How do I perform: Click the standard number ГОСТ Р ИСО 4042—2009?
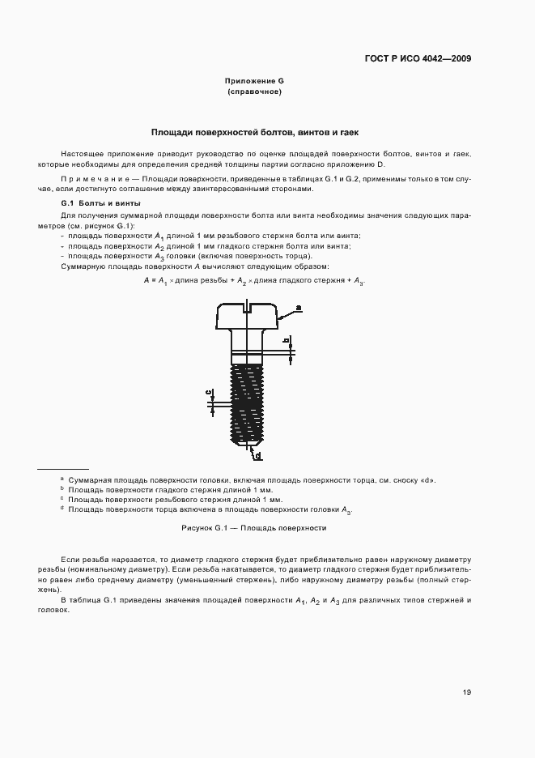418,58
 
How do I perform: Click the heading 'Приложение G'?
254,82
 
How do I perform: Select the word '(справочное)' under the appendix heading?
254,92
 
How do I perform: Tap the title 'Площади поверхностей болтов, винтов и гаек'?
254,131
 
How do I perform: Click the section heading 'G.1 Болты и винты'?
90,202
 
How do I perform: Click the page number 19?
467,693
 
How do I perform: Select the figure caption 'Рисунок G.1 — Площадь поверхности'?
254,527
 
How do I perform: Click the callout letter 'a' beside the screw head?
298,308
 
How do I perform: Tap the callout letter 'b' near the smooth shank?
286,340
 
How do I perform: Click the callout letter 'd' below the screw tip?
257,457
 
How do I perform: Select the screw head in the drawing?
247,315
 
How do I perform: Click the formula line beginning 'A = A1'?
254,280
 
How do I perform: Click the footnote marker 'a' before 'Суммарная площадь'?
62,479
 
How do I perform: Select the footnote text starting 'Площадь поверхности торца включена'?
210,510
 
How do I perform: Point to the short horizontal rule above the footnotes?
63,470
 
